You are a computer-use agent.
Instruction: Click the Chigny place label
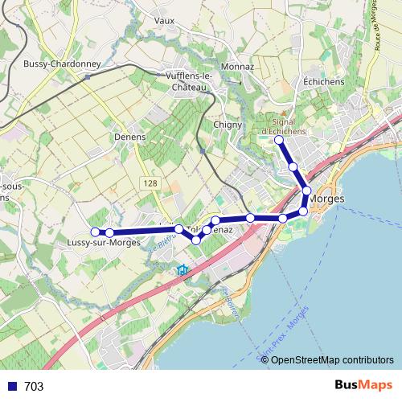(x=229, y=124)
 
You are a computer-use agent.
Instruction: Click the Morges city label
(x=327, y=198)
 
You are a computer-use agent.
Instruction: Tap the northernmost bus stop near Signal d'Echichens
(x=279, y=141)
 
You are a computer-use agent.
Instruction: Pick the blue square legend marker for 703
(x=12, y=386)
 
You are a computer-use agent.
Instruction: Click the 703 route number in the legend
(x=34, y=387)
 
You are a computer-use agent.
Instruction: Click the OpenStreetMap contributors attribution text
(x=333, y=359)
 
